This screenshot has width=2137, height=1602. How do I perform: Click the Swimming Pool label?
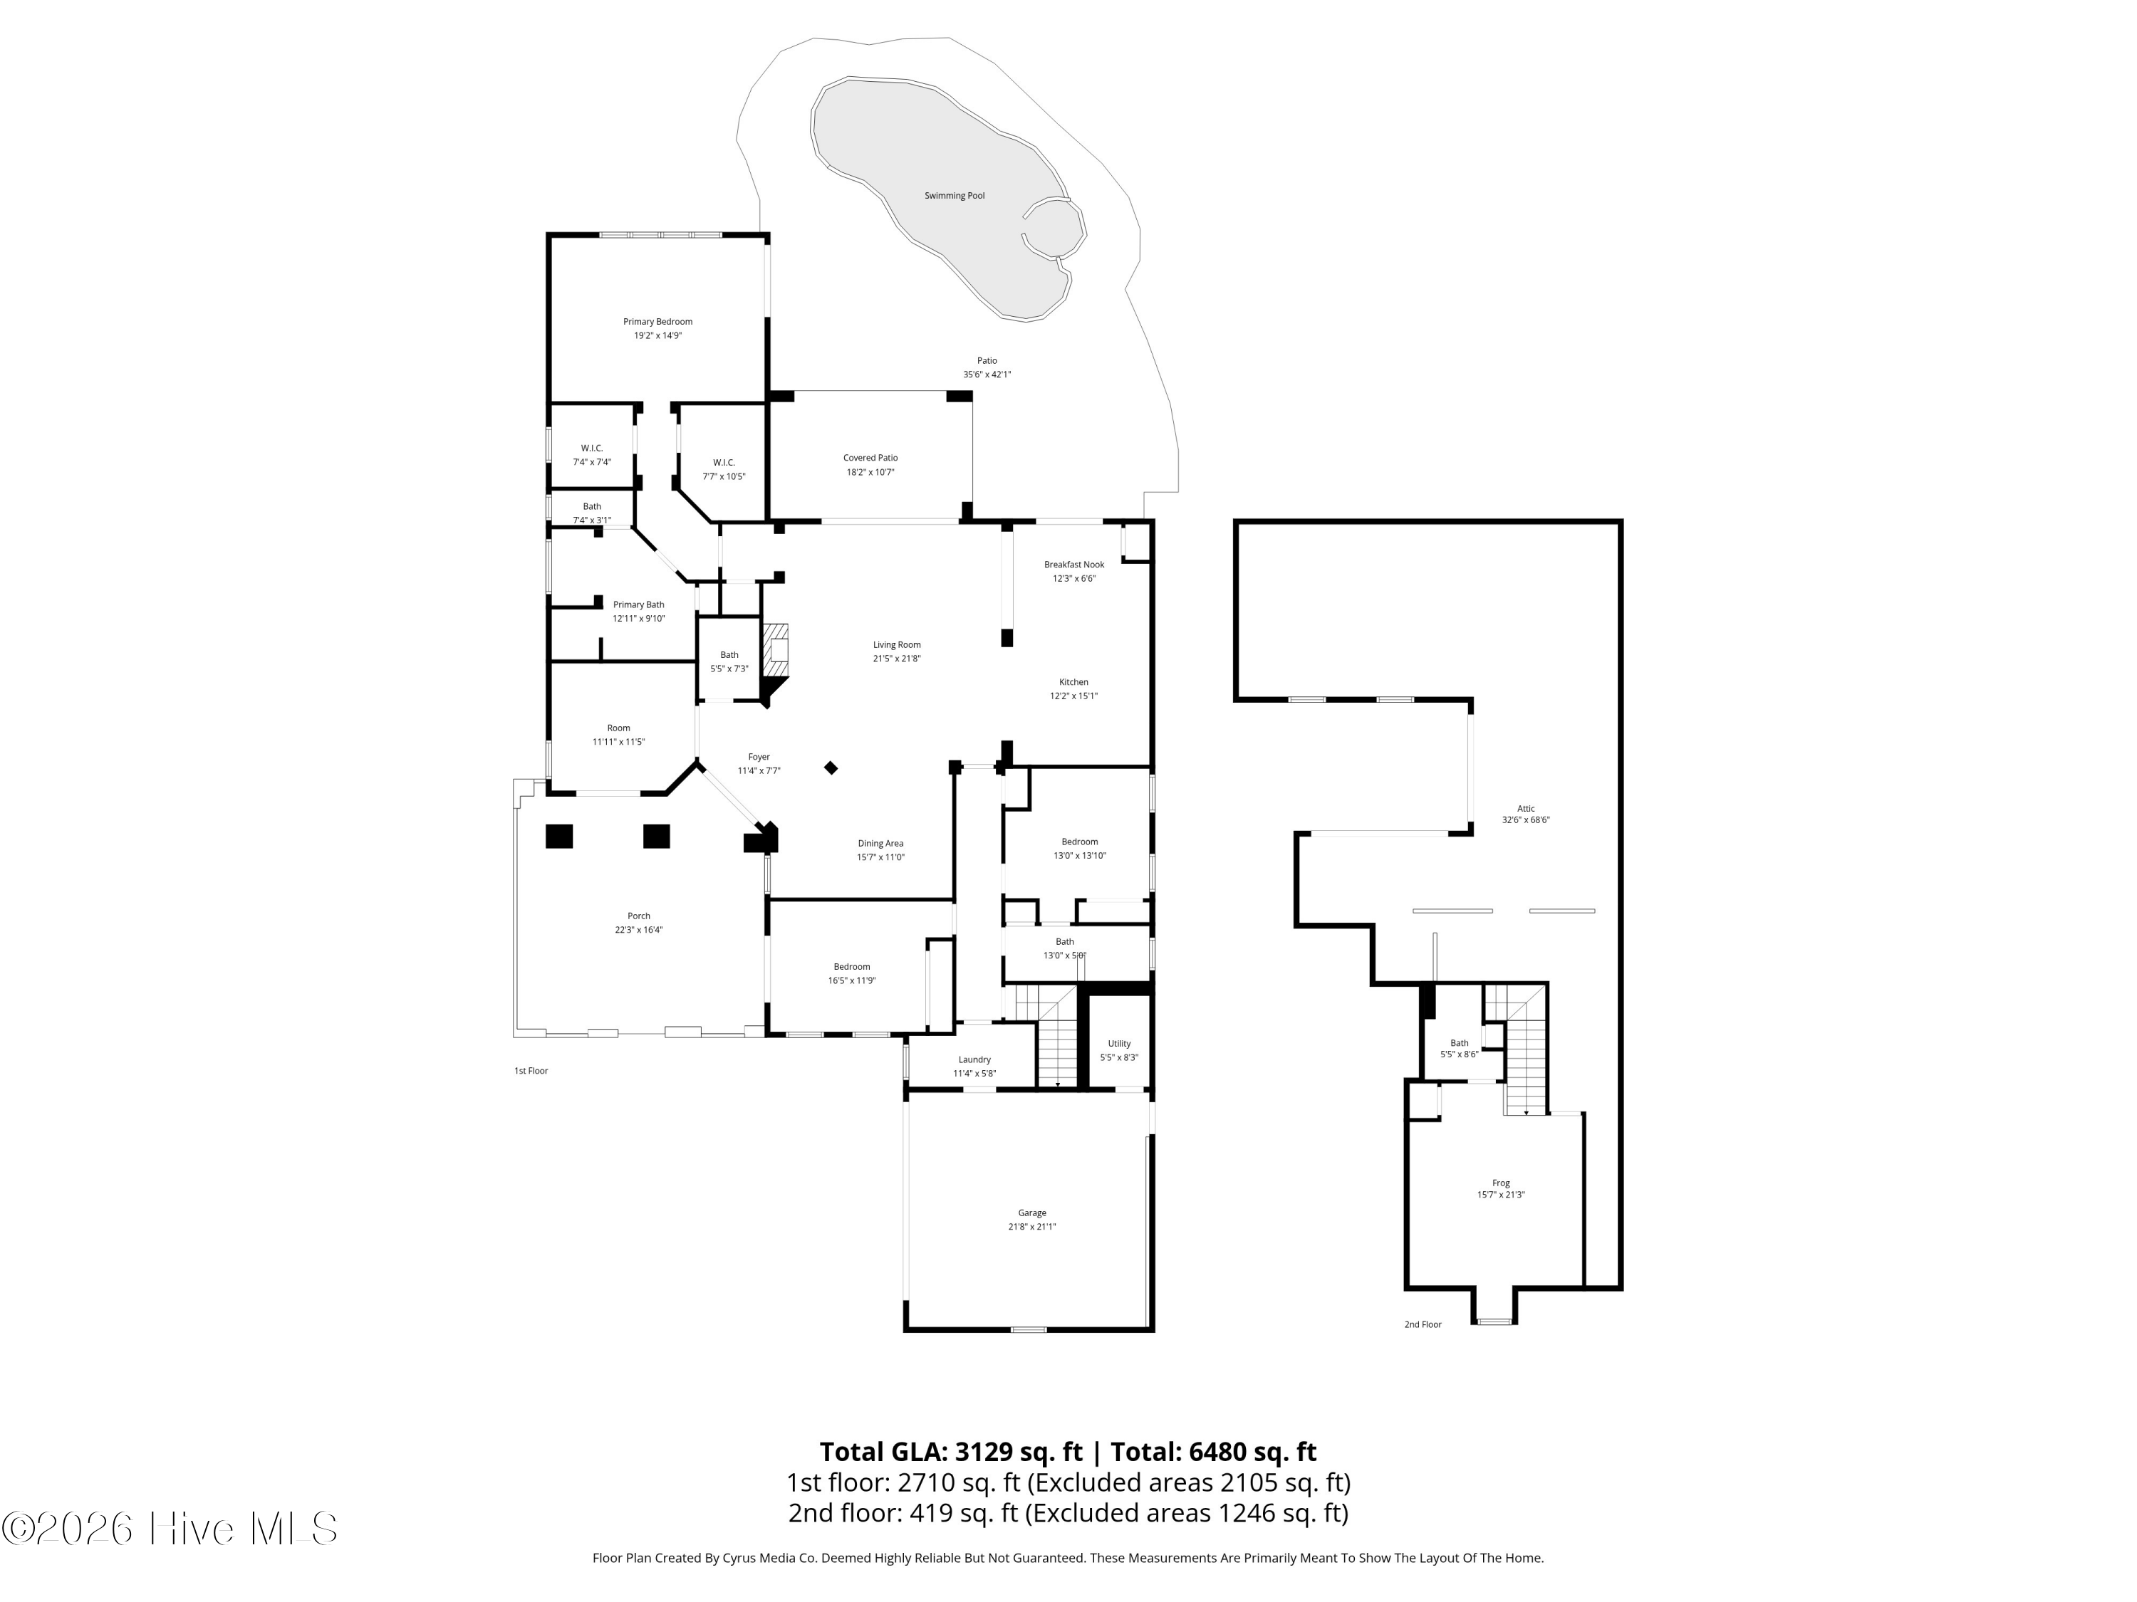[954, 196]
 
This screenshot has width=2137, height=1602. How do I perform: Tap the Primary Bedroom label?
[657, 322]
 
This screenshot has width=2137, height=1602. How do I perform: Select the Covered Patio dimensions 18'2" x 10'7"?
[870, 472]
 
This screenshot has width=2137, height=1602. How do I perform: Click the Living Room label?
[897, 645]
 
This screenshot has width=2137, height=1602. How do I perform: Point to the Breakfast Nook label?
[1073, 565]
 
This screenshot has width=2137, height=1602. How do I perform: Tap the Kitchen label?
[1073, 682]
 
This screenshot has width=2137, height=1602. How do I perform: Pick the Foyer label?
[759, 757]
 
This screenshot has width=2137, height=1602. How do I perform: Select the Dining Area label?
[880, 843]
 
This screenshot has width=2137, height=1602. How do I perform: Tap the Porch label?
[638, 916]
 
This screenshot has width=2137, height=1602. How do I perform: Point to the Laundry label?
[974, 1059]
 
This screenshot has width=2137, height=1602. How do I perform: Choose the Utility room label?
[1119, 1044]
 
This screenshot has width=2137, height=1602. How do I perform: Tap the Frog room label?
[1500, 1183]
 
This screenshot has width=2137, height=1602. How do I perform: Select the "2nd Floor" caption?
[1422, 1325]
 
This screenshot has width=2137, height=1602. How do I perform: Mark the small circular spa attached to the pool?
[1053, 229]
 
